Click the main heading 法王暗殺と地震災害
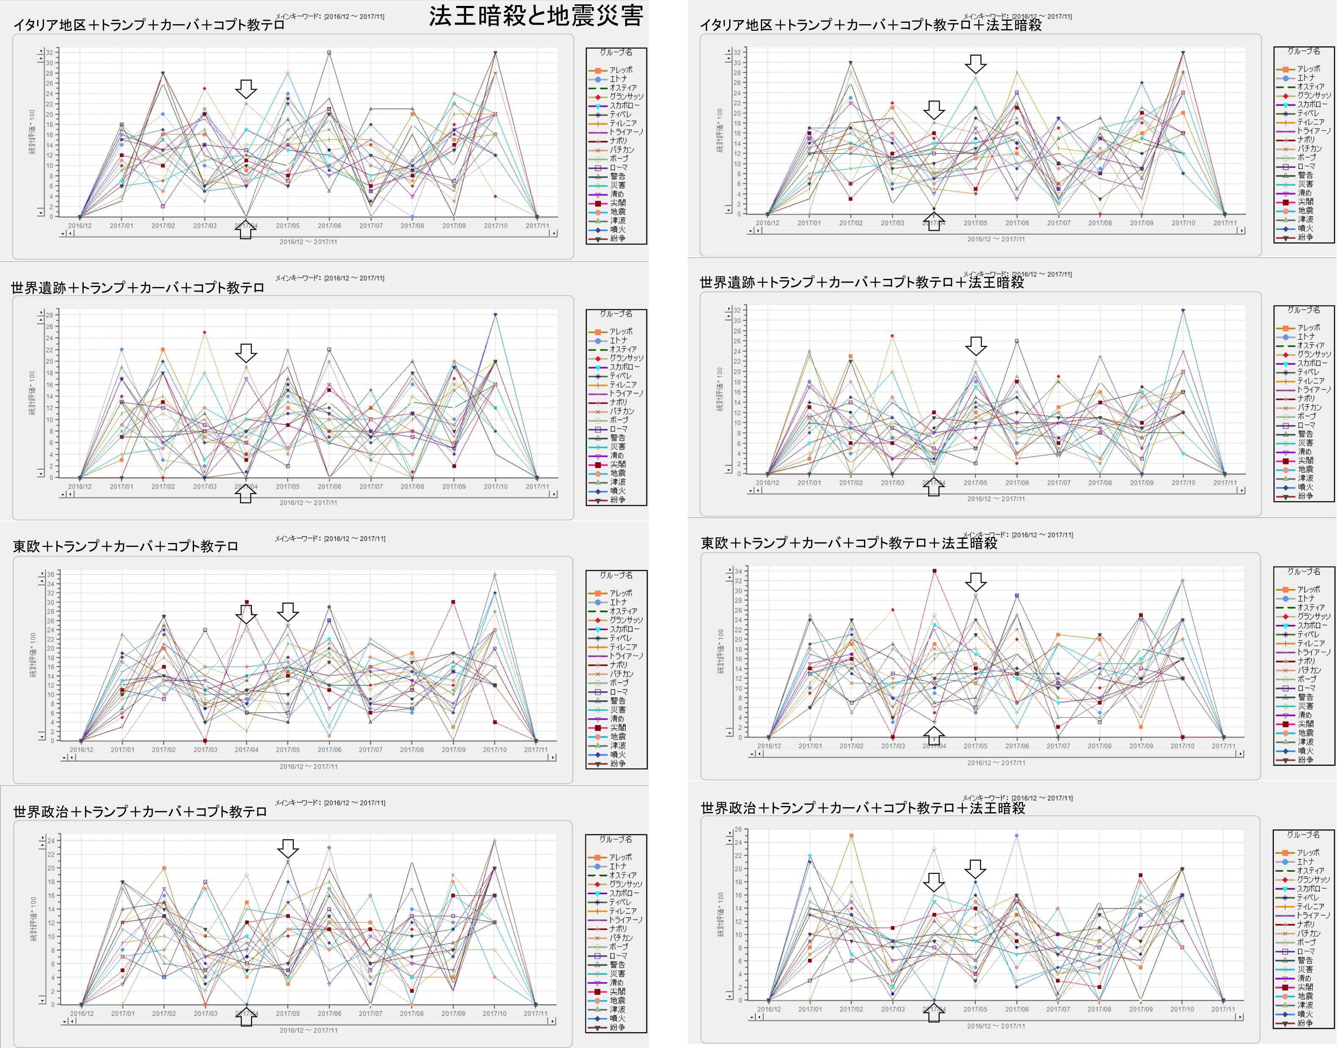(536, 16)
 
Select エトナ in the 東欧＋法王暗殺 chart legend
(1306, 598)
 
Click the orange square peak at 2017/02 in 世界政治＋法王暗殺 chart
(851, 836)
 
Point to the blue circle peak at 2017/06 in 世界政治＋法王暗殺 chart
(1017, 836)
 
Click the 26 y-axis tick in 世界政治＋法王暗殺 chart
(738, 830)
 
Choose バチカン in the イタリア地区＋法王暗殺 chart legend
(1309, 148)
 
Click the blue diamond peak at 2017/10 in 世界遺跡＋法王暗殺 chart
(1183, 311)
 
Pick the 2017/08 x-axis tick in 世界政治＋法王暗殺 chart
(1099, 1009)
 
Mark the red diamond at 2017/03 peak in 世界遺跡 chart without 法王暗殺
(204, 333)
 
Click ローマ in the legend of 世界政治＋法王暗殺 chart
(1306, 951)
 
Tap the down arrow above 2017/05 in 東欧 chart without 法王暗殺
(288, 611)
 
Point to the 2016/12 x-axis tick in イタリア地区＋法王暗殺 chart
(767, 223)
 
